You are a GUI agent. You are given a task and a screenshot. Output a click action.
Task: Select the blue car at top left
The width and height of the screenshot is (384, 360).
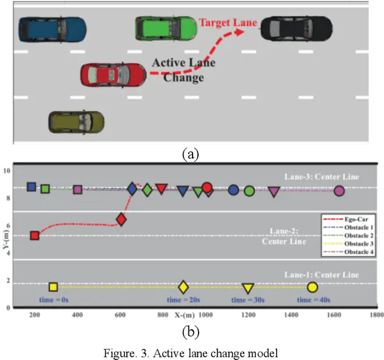coord(52,28)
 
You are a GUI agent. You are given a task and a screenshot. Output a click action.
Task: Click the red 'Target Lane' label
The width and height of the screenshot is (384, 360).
coord(228,23)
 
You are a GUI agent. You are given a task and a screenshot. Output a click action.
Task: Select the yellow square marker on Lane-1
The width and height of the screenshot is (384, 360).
coord(53,287)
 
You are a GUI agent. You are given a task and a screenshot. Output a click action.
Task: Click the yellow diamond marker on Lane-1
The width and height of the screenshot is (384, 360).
coord(184,287)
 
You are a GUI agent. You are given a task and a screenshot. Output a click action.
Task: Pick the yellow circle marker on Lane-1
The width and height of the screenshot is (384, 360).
coord(312,287)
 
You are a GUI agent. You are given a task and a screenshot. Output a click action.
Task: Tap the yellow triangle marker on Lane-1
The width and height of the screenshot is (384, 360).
coord(247,288)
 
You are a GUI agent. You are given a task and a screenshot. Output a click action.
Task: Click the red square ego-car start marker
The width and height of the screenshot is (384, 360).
coord(35,236)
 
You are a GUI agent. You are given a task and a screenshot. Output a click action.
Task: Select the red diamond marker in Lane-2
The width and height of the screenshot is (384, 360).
coord(121,220)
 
